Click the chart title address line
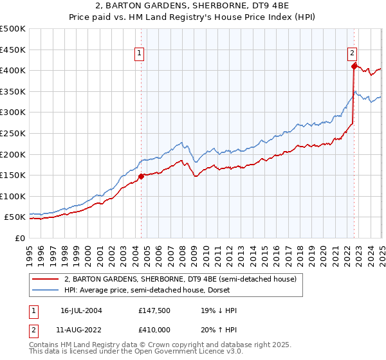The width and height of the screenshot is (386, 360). [x=193, y=6]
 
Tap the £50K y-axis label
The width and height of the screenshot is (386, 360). [x=15, y=217]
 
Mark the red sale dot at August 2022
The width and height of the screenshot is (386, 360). [x=354, y=66]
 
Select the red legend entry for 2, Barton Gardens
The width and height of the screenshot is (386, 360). [x=180, y=279]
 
